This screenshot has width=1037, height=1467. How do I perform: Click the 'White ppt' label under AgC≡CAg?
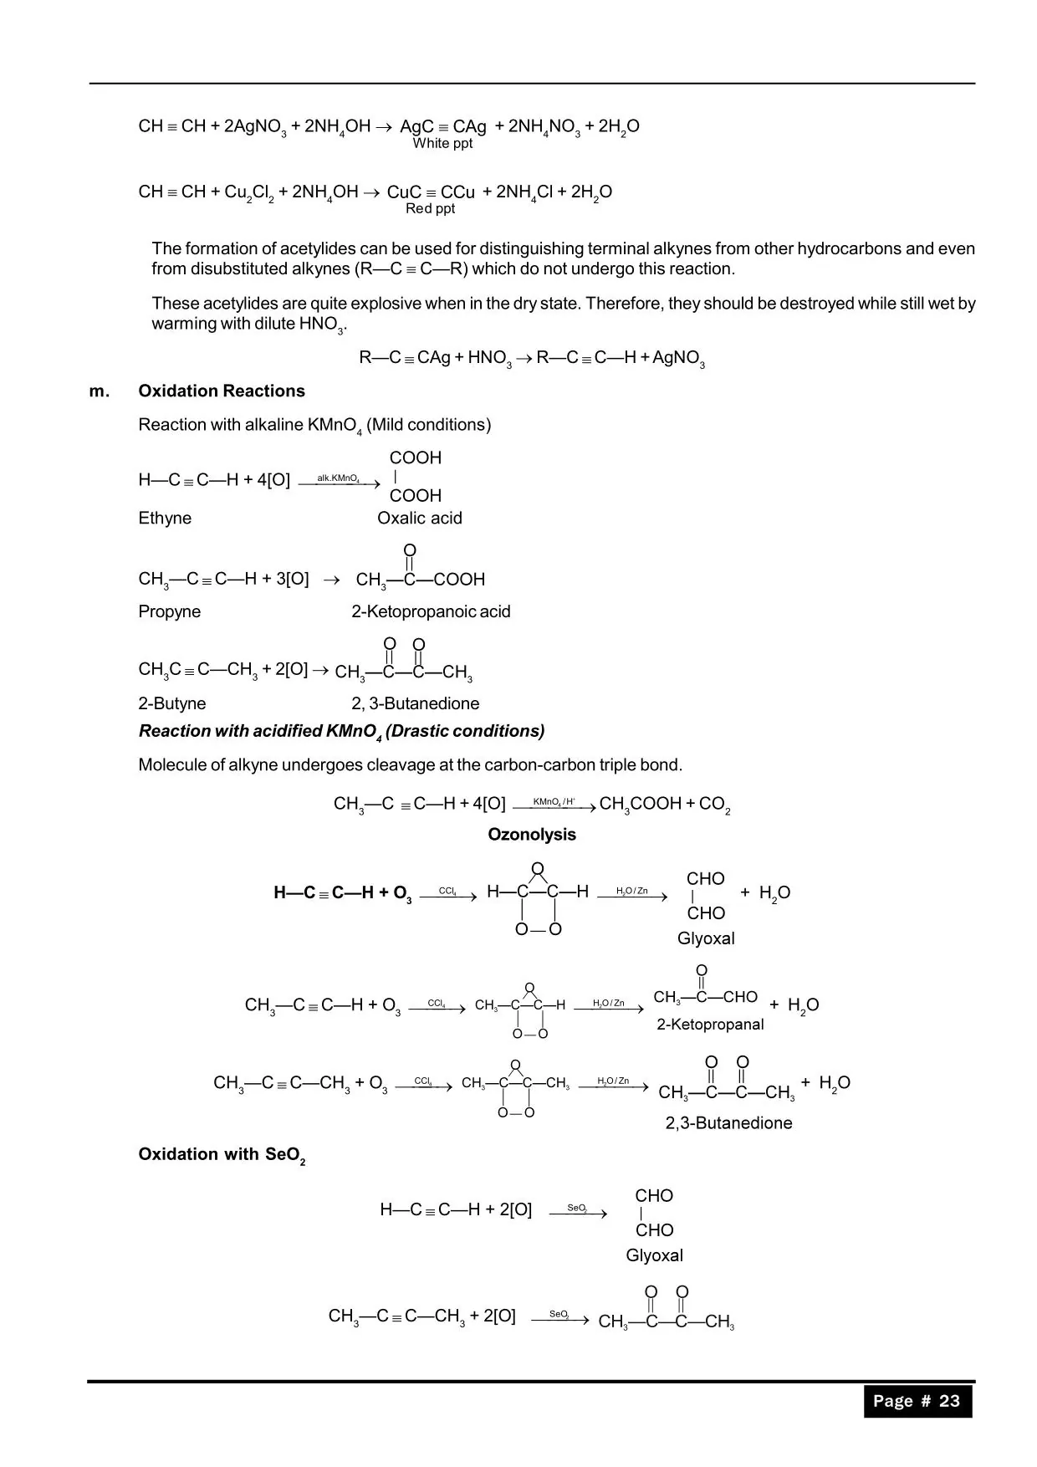442,144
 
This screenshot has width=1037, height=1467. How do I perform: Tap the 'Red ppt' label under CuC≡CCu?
430,209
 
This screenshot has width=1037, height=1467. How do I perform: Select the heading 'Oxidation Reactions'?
222,391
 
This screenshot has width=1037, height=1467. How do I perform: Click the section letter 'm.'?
100,391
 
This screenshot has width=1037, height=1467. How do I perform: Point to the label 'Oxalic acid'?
419,519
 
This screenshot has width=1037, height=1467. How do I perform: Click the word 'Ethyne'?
165,519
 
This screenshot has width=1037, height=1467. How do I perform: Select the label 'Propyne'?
169,612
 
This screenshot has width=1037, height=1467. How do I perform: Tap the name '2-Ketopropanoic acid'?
431,612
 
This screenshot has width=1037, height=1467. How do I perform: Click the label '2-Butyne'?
171,704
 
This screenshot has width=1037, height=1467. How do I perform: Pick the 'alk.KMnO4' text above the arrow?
338,478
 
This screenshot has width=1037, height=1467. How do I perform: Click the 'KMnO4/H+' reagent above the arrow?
554,802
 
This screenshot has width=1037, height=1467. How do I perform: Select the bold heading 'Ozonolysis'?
532,835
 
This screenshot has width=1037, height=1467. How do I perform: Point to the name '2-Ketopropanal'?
710,1025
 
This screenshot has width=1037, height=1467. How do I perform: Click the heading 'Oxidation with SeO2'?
222,1155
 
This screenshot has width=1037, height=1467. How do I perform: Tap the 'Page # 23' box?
917,1401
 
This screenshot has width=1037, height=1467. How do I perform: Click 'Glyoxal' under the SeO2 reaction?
654,1255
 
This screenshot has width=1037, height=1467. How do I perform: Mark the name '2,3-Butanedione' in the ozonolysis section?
728,1123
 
